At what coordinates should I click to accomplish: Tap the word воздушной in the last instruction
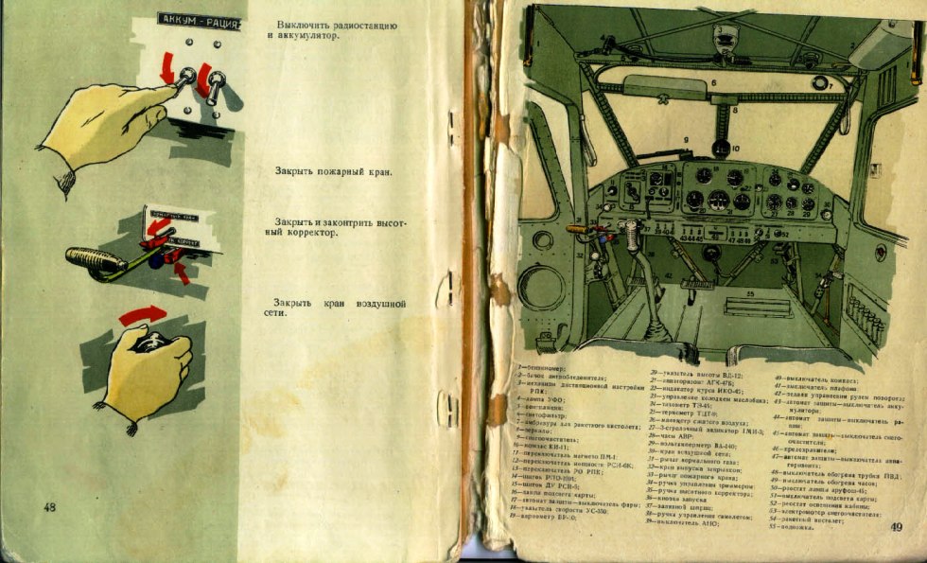coord(377,304)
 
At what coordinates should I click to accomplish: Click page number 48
coord(50,508)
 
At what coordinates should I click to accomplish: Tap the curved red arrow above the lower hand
coord(142,315)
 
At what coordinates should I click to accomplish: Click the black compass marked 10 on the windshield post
coord(721,148)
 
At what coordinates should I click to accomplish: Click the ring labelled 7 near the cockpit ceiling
coord(820,82)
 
